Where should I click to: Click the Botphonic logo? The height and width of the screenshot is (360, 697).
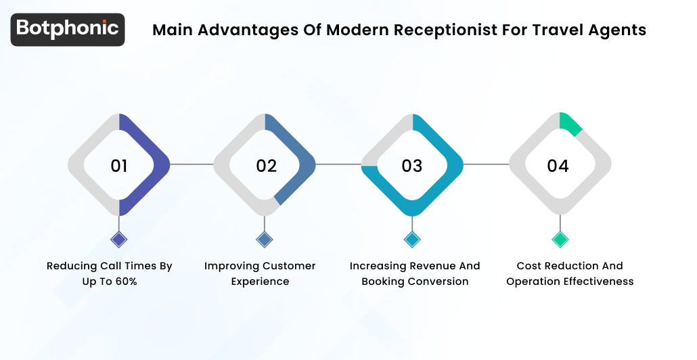68,29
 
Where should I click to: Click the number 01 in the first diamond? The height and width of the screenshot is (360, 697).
119,166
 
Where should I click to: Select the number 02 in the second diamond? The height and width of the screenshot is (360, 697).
266,166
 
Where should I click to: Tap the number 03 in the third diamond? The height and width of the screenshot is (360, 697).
412,166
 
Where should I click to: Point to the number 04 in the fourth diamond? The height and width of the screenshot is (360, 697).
558,166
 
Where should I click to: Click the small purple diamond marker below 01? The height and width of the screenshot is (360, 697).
119,239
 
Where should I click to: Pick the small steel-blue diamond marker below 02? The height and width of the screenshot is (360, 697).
265,239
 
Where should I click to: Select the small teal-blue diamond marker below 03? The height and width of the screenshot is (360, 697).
412,239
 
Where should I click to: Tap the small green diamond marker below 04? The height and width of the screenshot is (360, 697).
560,239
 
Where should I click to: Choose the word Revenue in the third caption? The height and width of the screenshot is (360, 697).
432,266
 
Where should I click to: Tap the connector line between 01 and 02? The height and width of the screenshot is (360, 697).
192,164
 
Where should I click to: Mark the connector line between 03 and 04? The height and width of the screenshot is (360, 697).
486,164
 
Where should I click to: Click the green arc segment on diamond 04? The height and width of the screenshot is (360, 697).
570,123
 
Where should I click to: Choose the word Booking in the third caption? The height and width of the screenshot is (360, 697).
384,282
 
